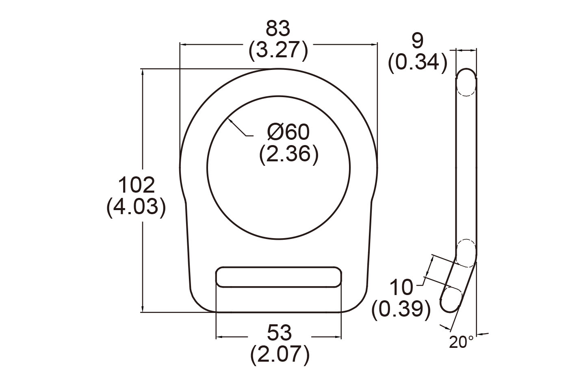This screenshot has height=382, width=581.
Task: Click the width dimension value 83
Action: pos(278,29)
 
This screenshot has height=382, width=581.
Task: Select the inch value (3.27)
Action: pos(278,51)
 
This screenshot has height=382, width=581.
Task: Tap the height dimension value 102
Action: pos(136,185)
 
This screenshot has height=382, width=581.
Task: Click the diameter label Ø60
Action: pos(288,132)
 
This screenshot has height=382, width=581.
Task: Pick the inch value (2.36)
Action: pos(288,154)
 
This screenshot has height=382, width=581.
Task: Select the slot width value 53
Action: pos(280,333)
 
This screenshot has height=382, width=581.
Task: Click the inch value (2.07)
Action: pos(280,354)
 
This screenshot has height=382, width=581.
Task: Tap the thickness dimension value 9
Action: pos(418,41)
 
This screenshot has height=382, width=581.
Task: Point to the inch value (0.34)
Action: pos(418,63)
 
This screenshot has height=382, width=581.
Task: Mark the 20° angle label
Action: pos(461,342)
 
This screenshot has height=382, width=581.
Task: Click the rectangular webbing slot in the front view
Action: pos(278,277)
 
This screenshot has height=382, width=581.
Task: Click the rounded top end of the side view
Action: pos(466,75)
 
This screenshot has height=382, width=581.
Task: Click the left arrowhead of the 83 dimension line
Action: pos(182,44)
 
